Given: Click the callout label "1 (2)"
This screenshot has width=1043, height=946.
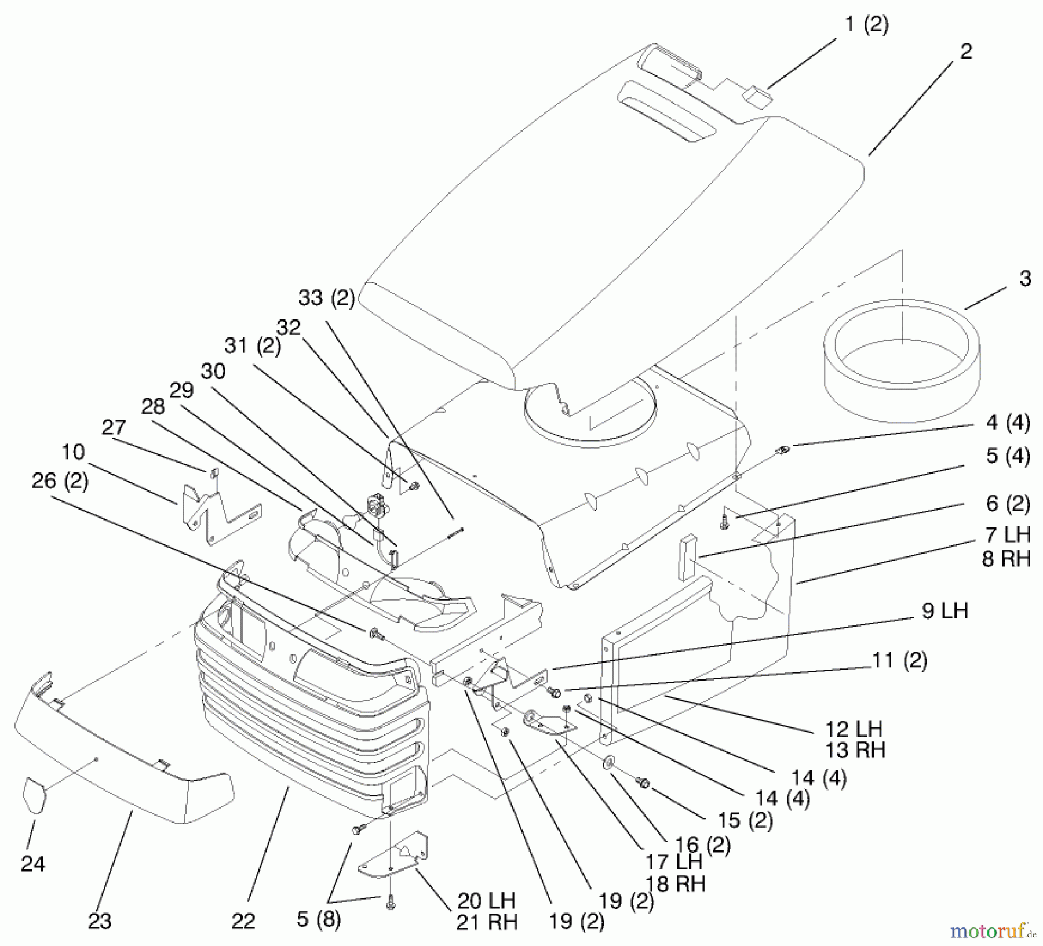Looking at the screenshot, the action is point(867,25).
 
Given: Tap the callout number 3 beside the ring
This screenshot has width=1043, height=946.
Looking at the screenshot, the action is point(1025,279).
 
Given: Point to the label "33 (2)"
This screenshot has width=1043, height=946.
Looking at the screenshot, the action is point(326,299).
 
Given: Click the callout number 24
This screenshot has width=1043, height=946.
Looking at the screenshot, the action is point(33,864).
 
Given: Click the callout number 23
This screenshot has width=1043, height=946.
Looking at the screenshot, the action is point(100,920).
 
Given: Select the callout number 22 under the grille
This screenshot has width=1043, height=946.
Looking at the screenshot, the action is point(243,920).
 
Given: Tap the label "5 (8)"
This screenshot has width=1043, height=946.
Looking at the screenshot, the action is point(319,919).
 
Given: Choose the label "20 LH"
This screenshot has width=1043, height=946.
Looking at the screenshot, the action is point(486,900).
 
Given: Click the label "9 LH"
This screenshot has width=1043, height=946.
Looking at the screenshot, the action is point(944,611).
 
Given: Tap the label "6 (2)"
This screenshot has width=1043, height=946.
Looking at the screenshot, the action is point(1008,503).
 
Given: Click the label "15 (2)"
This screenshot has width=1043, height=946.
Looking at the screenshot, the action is point(745,820).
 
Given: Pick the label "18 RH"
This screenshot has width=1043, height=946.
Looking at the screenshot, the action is point(676,883).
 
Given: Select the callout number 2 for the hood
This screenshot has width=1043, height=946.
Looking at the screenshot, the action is point(966,52).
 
